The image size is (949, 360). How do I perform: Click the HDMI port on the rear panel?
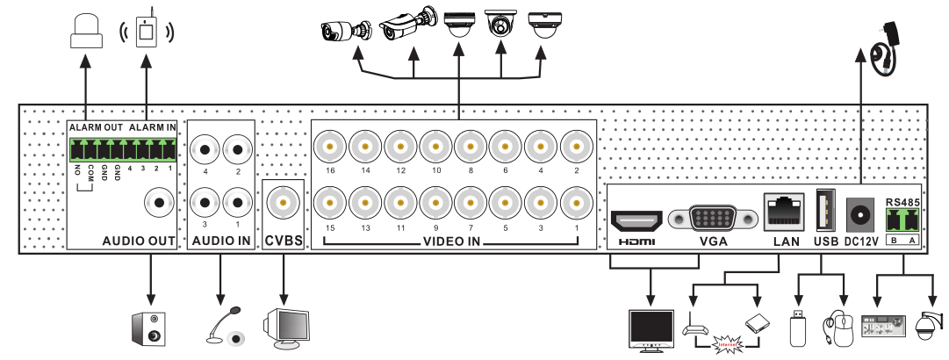[x=636, y=220]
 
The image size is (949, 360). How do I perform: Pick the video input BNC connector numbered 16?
[x=331, y=146]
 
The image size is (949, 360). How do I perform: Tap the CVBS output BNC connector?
[x=284, y=204]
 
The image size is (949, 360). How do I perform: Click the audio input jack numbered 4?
[x=207, y=150]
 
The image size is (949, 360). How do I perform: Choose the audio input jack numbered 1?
[x=238, y=203]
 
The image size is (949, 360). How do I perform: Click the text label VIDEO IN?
[x=453, y=241]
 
